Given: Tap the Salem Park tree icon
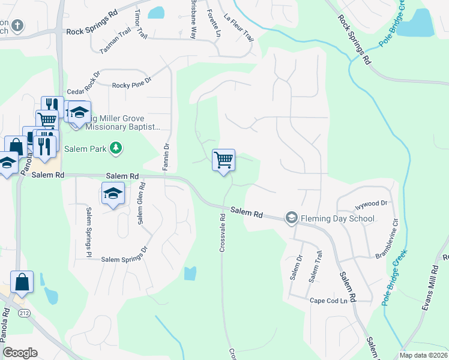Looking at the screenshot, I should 117,148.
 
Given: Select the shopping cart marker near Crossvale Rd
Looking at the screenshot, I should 223,160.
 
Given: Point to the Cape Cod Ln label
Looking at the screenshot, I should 328,301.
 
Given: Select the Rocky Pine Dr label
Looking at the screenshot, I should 131,86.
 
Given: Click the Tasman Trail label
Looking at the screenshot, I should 115,43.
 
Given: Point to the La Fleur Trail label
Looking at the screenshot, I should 238,28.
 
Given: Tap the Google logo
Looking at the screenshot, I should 20,353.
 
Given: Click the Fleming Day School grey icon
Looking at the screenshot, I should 292,218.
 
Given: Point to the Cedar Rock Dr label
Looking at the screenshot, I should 83,86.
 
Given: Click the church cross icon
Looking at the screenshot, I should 18,26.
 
